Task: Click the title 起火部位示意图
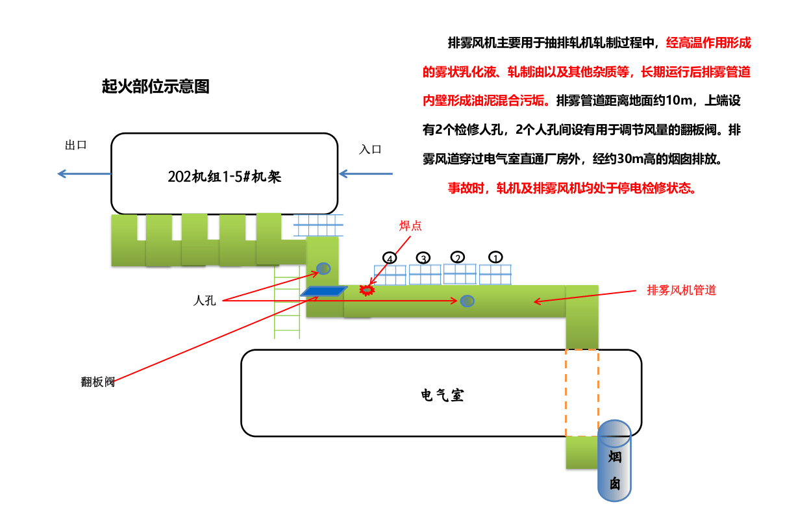(156, 86)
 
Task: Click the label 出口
(76, 145)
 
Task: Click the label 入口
(370, 149)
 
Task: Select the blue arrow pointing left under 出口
(84, 173)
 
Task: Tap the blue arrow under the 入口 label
(366, 173)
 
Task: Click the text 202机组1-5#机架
(224, 176)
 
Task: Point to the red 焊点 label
(410, 225)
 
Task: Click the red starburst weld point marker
(368, 290)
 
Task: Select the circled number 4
(390, 258)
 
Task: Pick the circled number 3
(423, 258)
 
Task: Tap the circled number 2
(458, 257)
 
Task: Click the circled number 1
(495, 257)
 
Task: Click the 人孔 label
(205, 301)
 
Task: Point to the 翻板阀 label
(98, 382)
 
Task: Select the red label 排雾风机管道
(681, 290)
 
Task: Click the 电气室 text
(442, 395)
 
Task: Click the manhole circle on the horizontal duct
(467, 301)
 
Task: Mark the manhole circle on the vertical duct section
(323, 268)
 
